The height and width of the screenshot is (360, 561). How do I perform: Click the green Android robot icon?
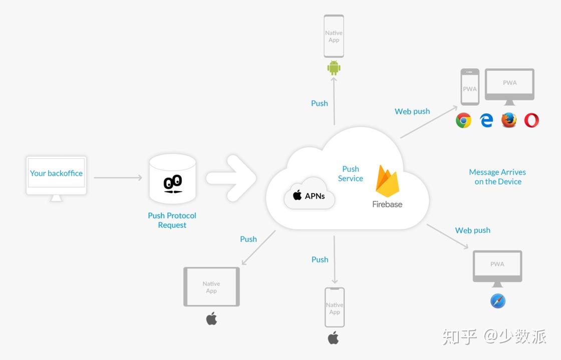tap(334, 68)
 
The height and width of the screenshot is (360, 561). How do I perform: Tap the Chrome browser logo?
tap(463, 121)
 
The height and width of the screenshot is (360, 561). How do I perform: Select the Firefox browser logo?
tap(509, 120)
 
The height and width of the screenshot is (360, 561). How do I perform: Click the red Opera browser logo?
tap(531, 120)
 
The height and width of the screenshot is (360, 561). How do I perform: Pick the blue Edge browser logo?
tap(486, 121)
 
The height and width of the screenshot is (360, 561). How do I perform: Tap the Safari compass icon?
tap(498, 301)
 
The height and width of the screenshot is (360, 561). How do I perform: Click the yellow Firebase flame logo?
tap(387, 181)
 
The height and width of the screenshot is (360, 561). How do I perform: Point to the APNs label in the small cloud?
tap(309, 196)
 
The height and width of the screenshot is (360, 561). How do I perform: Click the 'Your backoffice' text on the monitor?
tap(56, 173)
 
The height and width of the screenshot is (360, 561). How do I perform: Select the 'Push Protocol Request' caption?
tap(172, 220)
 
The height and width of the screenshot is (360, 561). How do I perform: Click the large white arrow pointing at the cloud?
tap(231, 178)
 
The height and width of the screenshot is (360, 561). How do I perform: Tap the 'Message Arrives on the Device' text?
tap(498, 177)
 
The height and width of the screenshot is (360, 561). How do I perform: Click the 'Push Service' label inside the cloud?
tap(350, 174)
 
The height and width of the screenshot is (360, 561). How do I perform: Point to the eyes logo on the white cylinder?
tap(173, 184)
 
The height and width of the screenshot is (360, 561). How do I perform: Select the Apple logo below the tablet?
tap(211, 318)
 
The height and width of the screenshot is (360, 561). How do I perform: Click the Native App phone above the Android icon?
tap(334, 36)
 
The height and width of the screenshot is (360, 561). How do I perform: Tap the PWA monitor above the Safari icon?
tap(497, 268)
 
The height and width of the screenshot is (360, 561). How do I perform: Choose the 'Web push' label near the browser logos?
tap(412, 112)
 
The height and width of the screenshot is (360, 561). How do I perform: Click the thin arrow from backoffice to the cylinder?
tap(118, 177)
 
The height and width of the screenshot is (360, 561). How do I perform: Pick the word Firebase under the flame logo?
tap(387, 204)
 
